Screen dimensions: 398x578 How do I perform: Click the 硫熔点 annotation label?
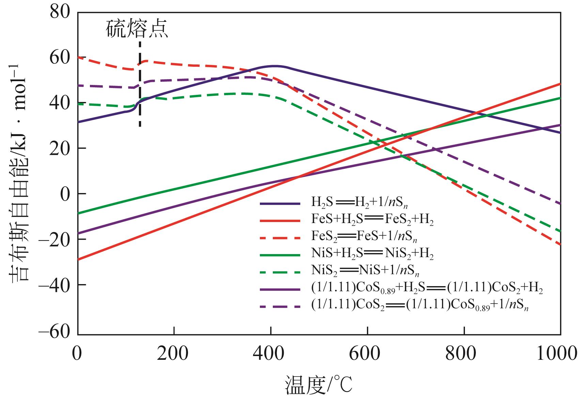click(137, 29)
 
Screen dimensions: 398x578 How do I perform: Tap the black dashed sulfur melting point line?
click(140, 85)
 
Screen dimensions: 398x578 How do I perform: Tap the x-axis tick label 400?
click(270, 354)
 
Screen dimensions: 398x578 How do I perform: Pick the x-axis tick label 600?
click(367, 354)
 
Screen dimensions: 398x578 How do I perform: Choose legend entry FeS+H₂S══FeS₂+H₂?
click(372, 220)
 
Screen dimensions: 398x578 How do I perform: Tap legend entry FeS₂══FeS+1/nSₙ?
click(364, 236)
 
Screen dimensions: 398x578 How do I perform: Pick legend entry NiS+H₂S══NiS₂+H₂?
click(372, 254)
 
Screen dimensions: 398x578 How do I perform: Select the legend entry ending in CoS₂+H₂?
click(427, 289)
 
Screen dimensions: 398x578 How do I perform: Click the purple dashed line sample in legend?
click(280, 306)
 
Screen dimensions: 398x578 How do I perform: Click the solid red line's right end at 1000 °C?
click(560, 84)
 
